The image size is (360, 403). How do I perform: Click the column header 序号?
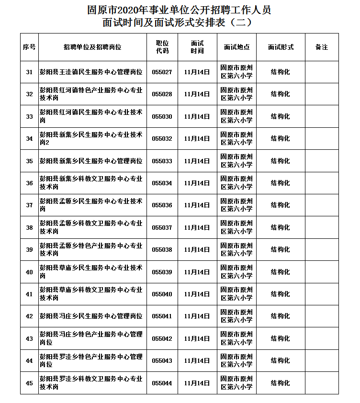(x=29, y=47)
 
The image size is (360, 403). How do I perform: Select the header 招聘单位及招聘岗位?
(x=92, y=47)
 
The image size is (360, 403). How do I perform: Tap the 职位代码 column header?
(x=162, y=47)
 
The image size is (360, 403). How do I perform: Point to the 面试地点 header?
(x=236, y=47)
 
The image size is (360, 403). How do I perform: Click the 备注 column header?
(x=322, y=47)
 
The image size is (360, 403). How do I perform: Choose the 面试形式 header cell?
(x=281, y=47)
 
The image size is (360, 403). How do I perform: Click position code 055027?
(x=162, y=72)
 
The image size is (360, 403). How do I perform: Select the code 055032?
(x=162, y=139)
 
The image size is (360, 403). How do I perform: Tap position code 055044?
(x=162, y=383)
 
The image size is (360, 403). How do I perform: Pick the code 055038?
(x=162, y=250)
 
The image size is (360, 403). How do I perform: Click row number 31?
(x=29, y=72)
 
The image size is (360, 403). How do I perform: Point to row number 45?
(x=29, y=383)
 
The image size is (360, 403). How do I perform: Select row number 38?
(x=29, y=228)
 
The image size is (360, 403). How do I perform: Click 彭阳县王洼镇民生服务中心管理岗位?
(x=91, y=72)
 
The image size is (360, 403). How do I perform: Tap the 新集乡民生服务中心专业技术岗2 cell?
(x=91, y=139)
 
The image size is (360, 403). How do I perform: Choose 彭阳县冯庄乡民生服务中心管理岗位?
(x=91, y=316)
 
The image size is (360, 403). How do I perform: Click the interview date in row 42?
(x=197, y=316)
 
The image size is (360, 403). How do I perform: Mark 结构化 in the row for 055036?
(x=281, y=205)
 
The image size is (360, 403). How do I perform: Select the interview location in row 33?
(x=236, y=117)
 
